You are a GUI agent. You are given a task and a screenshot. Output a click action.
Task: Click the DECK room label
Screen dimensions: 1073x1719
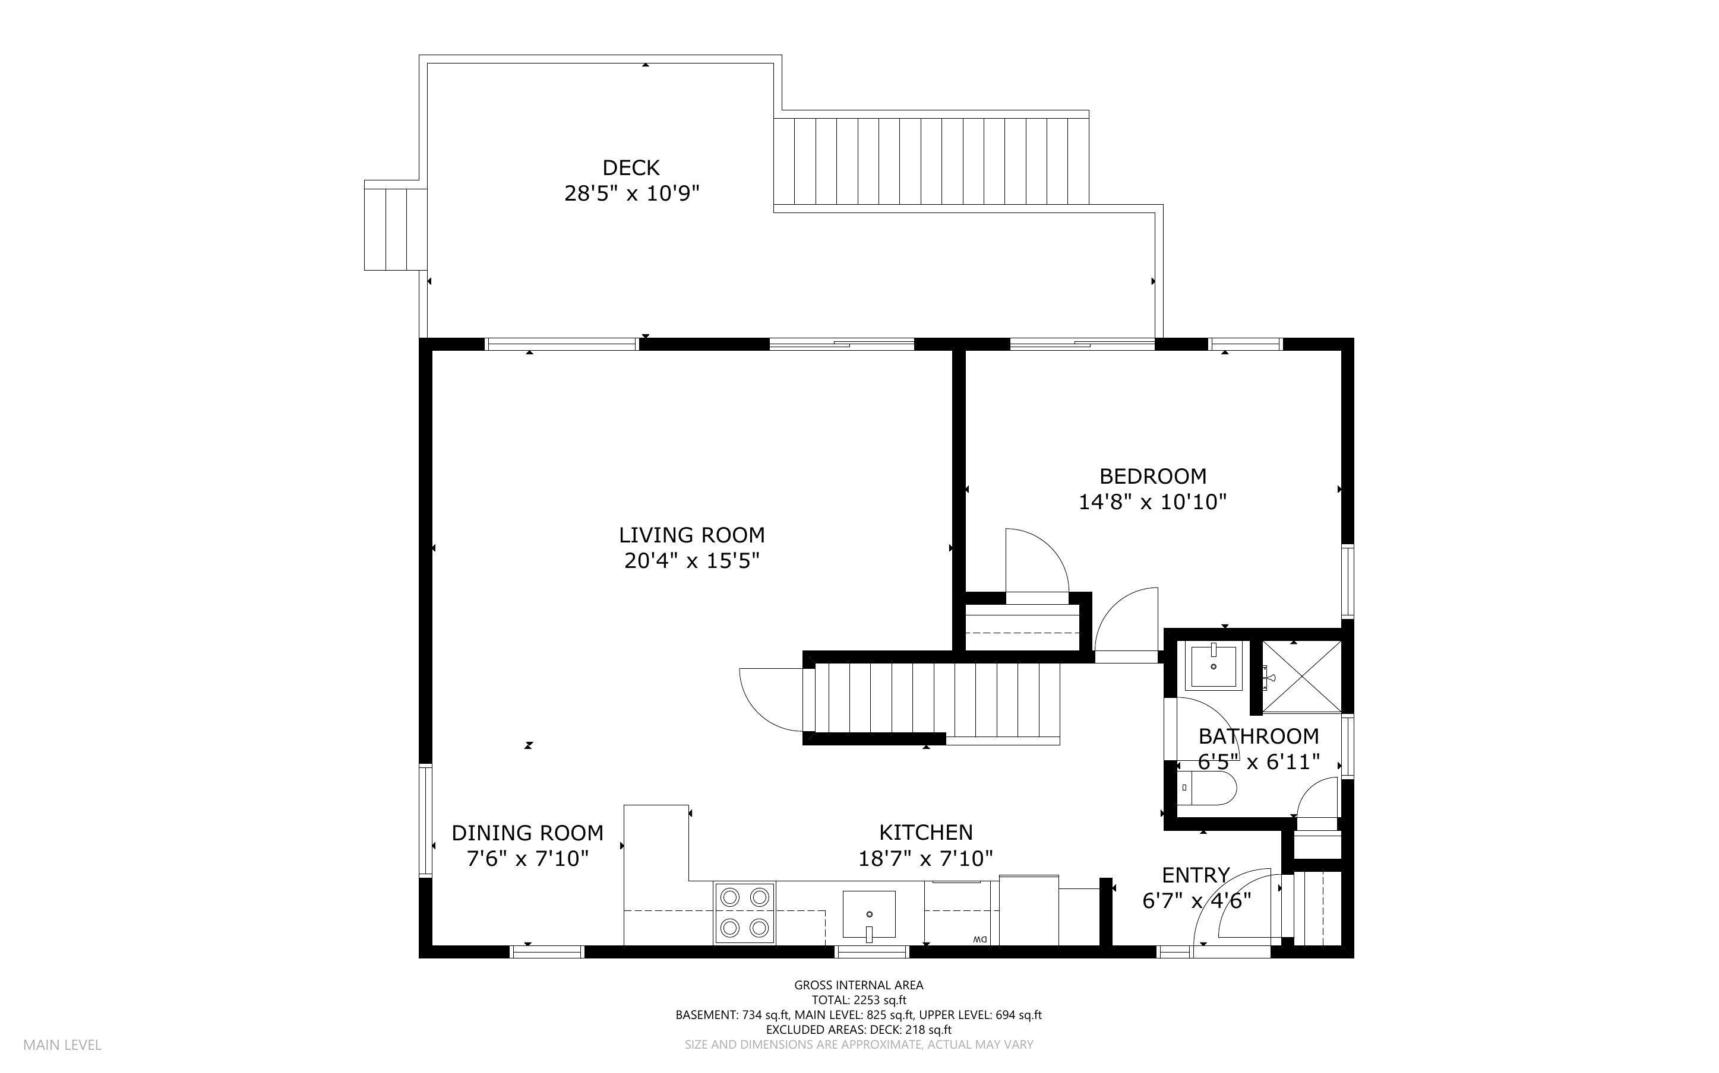tap(630, 167)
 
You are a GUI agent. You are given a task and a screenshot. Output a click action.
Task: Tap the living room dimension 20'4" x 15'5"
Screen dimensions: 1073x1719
tap(691, 561)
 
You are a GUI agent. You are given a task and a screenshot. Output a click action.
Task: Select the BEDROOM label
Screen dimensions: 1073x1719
tap(1152, 476)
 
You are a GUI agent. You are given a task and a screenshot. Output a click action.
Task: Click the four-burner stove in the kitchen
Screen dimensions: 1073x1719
tap(744, 913)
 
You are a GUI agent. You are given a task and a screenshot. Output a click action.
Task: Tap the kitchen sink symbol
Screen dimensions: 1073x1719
tap(868, 916)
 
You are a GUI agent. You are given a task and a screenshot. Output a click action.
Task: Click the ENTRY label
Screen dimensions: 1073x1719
tap(1196, 875)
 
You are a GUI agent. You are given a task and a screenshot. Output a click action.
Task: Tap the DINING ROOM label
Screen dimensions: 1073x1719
tap(527, 833)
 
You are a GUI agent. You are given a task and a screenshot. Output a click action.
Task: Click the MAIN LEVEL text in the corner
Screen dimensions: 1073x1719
tap(62, 1045)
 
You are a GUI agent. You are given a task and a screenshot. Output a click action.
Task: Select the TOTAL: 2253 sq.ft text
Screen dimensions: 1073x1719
tap(858, 1000)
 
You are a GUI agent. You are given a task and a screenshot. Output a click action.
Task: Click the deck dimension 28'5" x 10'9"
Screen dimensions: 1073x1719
tap(631, 193)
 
